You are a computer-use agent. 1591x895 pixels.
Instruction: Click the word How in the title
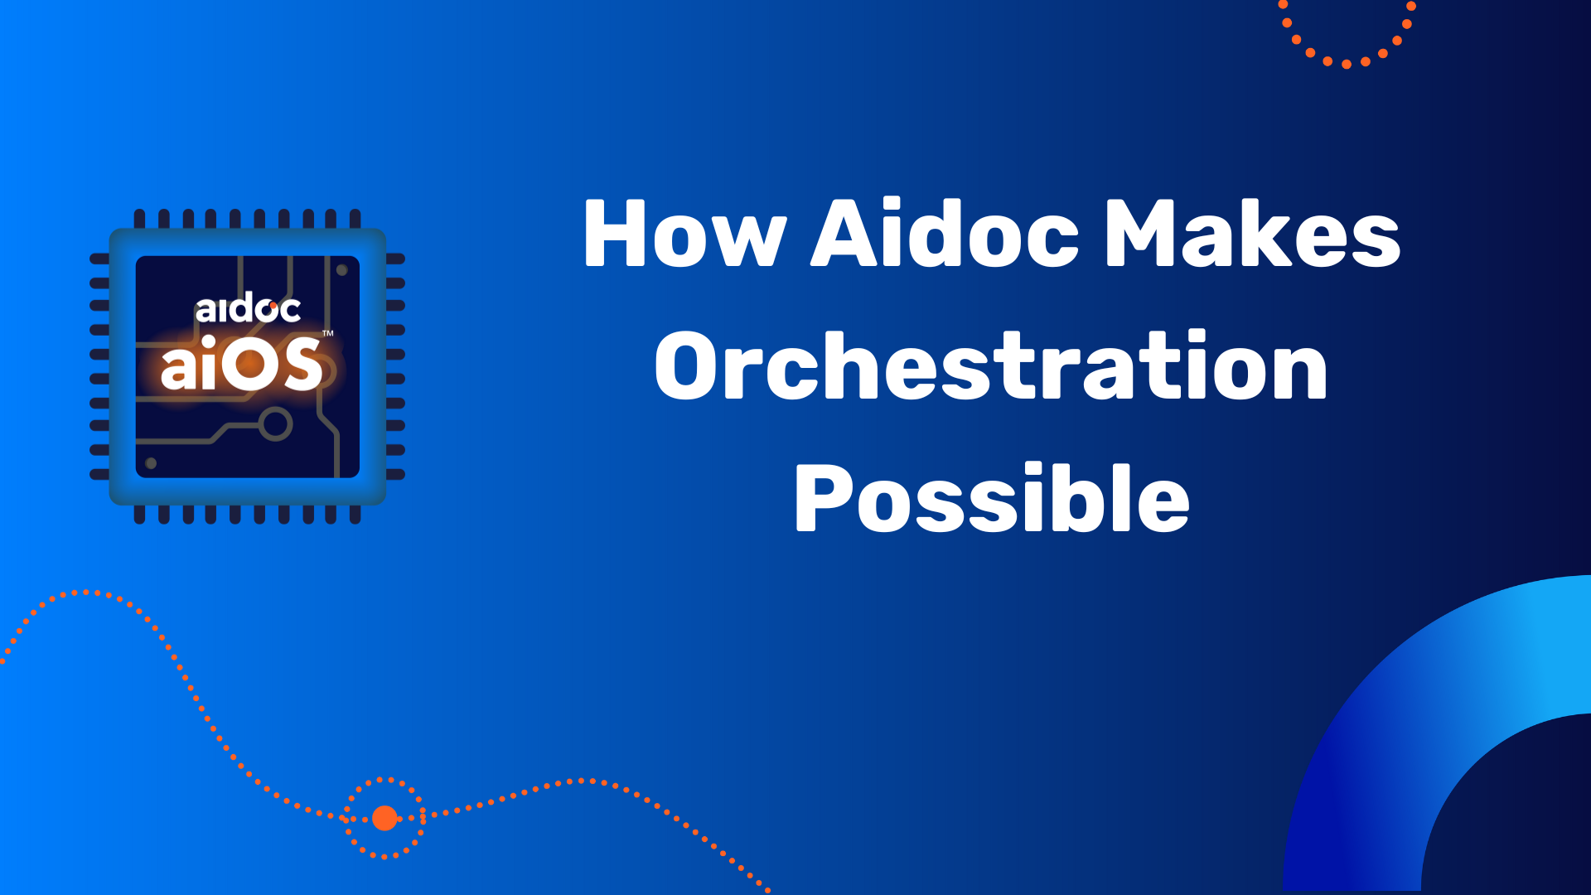click(684, 234)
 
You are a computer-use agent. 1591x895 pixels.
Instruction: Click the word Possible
click(992, 497)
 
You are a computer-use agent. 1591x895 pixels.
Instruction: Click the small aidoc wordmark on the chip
click(248, 308)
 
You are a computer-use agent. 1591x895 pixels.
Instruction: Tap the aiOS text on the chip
click(241, 363)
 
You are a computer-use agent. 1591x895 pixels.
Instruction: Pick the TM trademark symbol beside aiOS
click(328, 333)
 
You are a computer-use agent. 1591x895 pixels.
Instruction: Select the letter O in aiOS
click(249, 364)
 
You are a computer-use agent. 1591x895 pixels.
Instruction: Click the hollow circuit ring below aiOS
click(275, 424)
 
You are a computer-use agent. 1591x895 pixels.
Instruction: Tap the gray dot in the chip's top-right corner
click(341, 270)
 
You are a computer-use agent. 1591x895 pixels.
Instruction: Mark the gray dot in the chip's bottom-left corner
click(151, 463)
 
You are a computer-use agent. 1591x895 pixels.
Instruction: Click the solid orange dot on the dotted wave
click(384, 818)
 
